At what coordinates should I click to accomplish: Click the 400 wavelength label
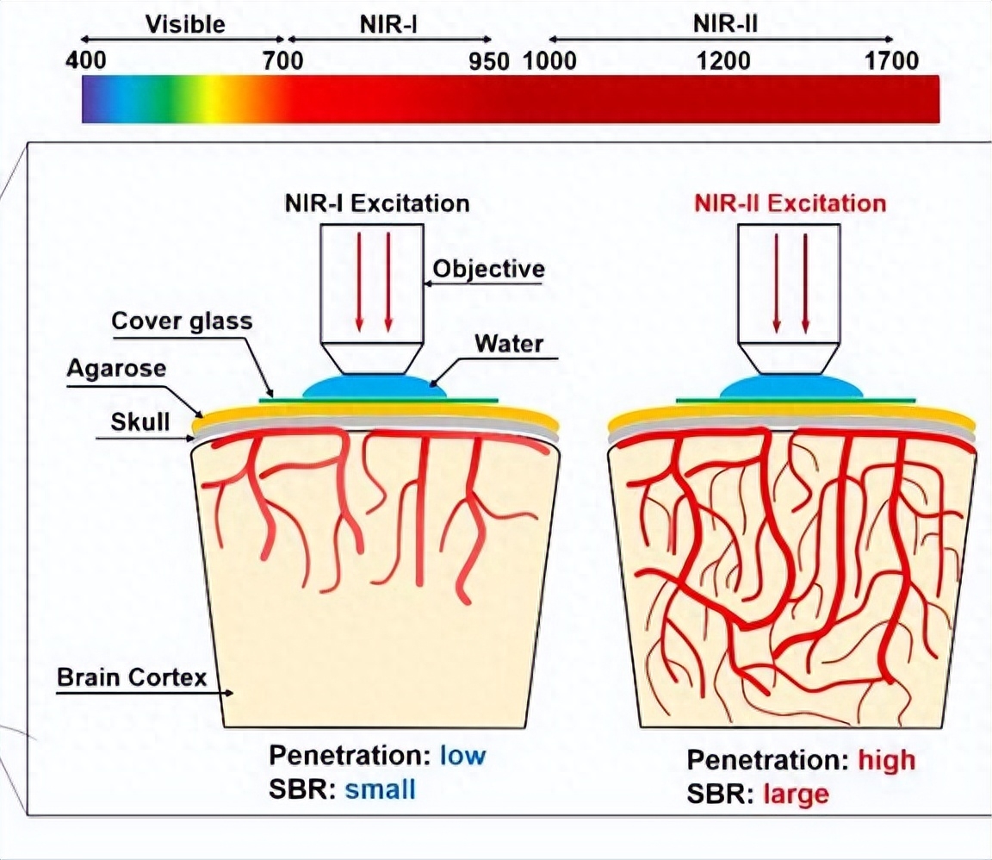point(86,61)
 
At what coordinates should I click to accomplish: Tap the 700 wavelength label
point(282,61)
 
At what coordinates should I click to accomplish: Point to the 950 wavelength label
point(489,61)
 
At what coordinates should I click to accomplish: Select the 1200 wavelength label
point(723,61)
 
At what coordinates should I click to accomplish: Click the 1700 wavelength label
point(891,61)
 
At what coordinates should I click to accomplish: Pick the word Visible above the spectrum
point(185,24)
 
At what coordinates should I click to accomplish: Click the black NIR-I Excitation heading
point(377,203)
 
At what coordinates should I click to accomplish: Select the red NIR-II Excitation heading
point(790,203)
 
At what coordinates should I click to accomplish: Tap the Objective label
point(488,269)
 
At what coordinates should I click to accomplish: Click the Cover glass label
point(183,321)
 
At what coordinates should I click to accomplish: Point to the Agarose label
point(116,369)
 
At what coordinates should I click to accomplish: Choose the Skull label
point(140,421)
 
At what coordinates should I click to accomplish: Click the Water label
point(509,344)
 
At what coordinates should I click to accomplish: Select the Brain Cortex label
point(132,677)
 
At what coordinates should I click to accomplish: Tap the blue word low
point(462,755)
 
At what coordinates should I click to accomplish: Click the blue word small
point(381,789)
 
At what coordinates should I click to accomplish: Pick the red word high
point(886,761)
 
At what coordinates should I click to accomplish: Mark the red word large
point(796,795)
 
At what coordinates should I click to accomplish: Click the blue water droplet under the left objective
point(375,386)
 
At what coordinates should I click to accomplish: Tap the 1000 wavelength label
point(549,61)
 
